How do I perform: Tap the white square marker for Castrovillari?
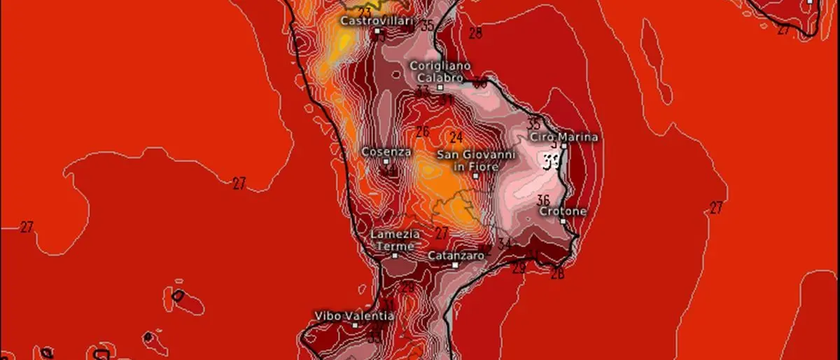377,32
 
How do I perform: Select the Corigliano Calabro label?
436,71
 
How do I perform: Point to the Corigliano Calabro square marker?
440,88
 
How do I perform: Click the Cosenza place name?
386,151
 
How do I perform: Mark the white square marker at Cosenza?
386,162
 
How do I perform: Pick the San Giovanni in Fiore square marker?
475,176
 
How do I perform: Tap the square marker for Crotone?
563,221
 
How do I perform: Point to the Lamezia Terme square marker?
395,256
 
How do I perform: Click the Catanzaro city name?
456,256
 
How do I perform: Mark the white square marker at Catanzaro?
455,265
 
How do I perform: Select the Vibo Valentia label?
355,315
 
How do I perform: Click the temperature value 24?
456,137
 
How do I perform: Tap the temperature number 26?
422,132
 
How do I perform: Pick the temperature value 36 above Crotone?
543,200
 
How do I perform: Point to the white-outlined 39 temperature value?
552,162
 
